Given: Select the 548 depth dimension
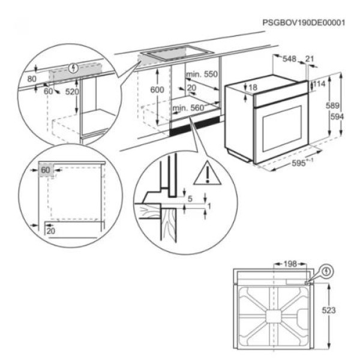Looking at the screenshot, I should point(289,59).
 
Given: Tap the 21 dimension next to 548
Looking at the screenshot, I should point(310,59).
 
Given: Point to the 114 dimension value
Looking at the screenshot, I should point(319,85).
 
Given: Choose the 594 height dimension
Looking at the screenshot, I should point(337,117).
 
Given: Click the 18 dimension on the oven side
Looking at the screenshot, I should point(253,88).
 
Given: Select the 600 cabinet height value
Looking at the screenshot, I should point(157,89).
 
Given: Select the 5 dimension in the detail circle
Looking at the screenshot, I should point(190,198).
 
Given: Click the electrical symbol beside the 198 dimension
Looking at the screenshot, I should point(326,271).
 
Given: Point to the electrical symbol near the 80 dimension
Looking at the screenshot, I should point(74,68).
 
